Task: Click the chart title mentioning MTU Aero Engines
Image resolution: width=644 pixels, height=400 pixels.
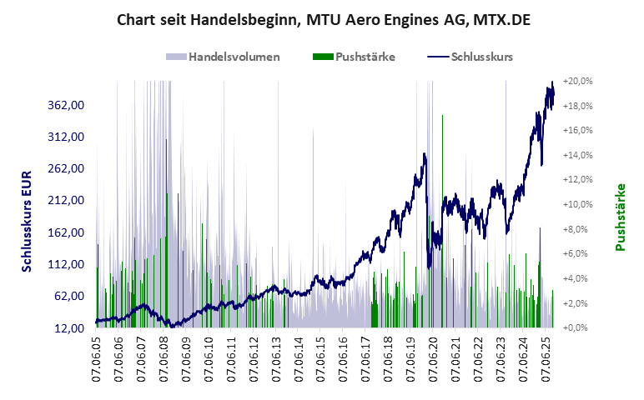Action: coord(322,18)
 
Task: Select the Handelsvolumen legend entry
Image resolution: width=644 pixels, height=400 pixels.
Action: coord(223,57)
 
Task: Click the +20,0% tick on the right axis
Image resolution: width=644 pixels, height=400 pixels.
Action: coord(577,81)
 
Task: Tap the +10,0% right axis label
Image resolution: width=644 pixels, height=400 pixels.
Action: coord(577,204)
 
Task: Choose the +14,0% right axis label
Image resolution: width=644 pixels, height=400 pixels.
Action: coord(577,155)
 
